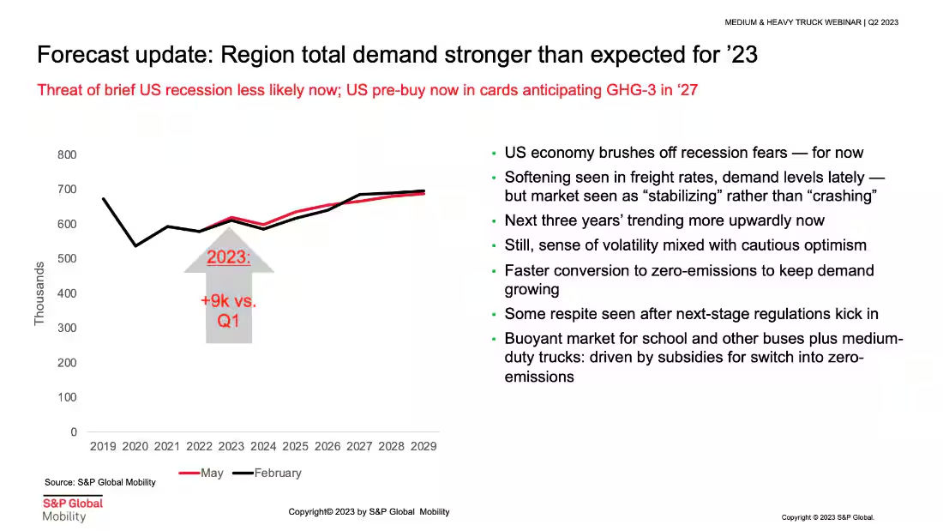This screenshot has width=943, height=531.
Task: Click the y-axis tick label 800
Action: (x=68, y=154)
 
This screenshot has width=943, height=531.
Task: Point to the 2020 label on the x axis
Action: (x=135, y=447)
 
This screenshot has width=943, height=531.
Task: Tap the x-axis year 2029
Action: (x=423, y=447)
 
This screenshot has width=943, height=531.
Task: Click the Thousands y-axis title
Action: (x=39, y=293)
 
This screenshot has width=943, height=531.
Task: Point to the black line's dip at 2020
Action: (x=135, y=245)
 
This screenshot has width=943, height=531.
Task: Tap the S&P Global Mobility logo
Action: (x=72, y=509)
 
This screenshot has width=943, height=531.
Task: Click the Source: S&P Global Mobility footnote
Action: (x=100, y=482)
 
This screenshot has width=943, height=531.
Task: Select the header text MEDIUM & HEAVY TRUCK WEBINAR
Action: (x=792, y=22)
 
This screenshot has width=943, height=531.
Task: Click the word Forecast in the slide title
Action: (x=81, y=57)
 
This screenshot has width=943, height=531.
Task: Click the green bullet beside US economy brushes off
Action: (x=494, y=154)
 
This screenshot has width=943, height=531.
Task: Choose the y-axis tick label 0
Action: (x=74, y=432)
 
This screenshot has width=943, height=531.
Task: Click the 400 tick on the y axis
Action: (x=68, y=293)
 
